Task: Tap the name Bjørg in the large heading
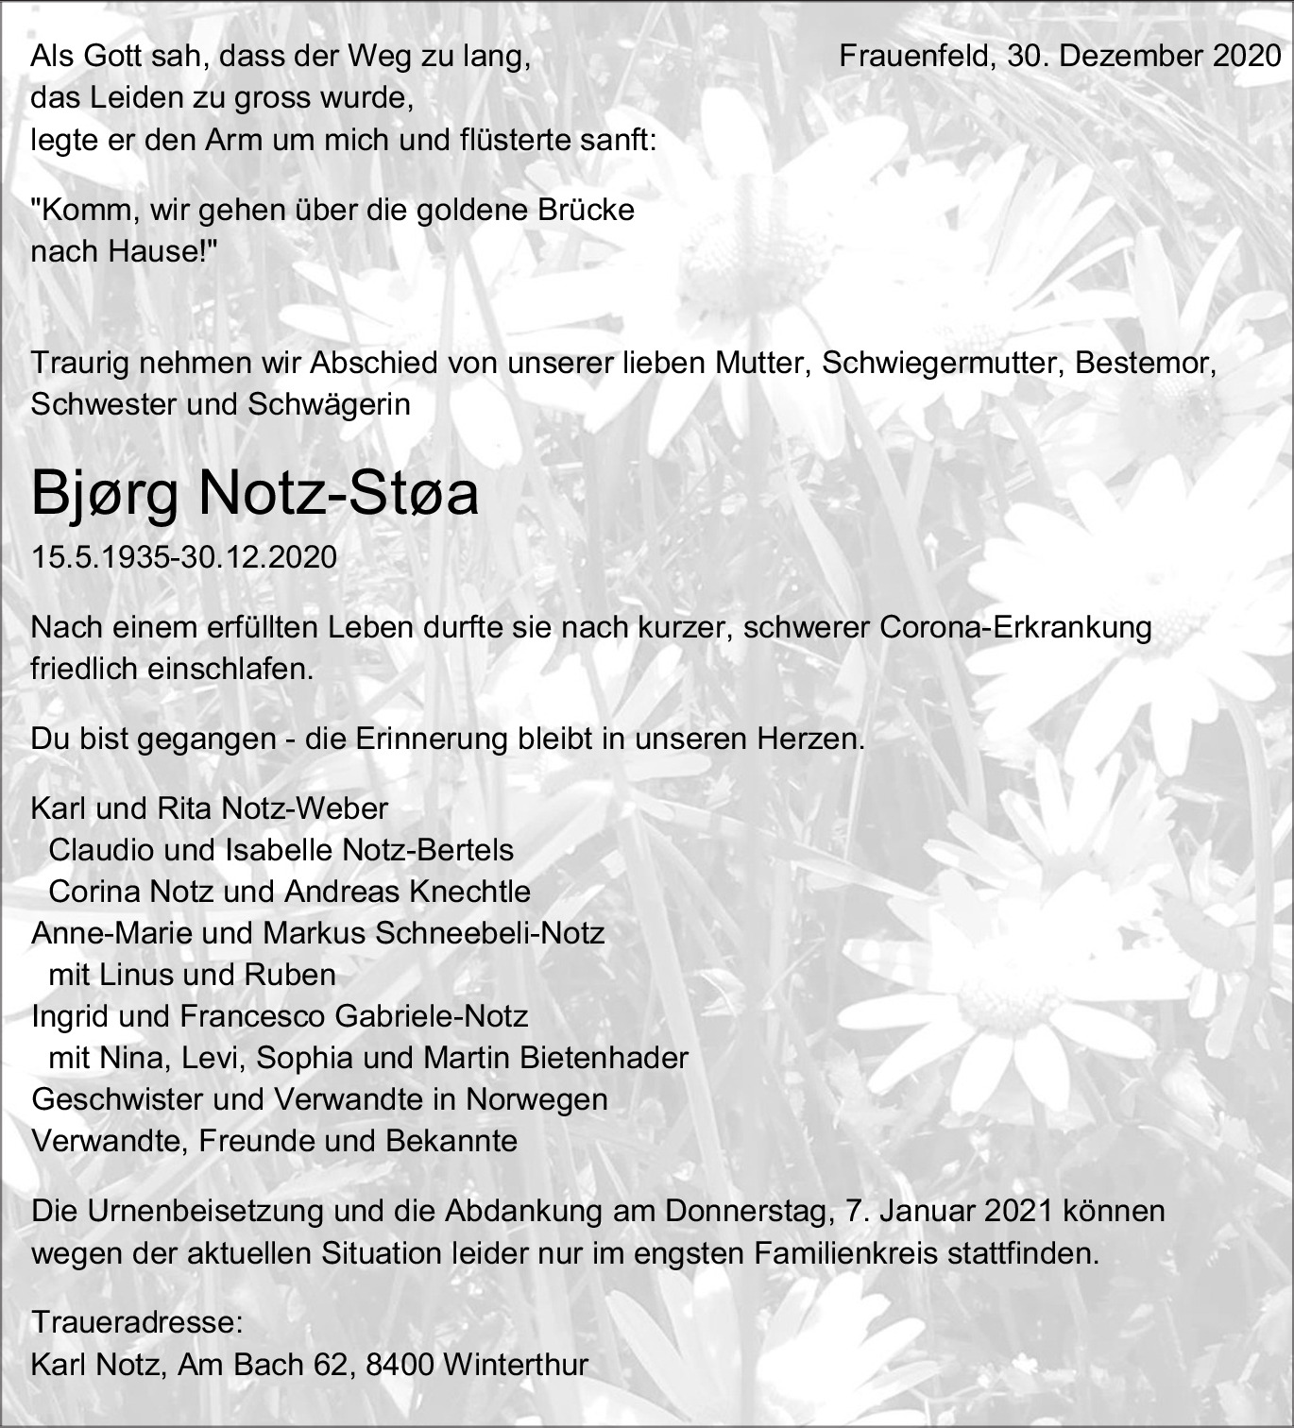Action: (x=105, y=494)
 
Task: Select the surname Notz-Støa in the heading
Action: (x=338, y=494)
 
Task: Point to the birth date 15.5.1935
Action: (x=97, y=557)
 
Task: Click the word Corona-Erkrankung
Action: (x=1015, y=628)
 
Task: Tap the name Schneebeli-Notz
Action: (x=489, y=933)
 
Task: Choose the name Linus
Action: (x=142, y=975)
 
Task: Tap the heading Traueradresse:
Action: (x=137, y=1322)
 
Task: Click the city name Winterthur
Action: (x=515, y=1365)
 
